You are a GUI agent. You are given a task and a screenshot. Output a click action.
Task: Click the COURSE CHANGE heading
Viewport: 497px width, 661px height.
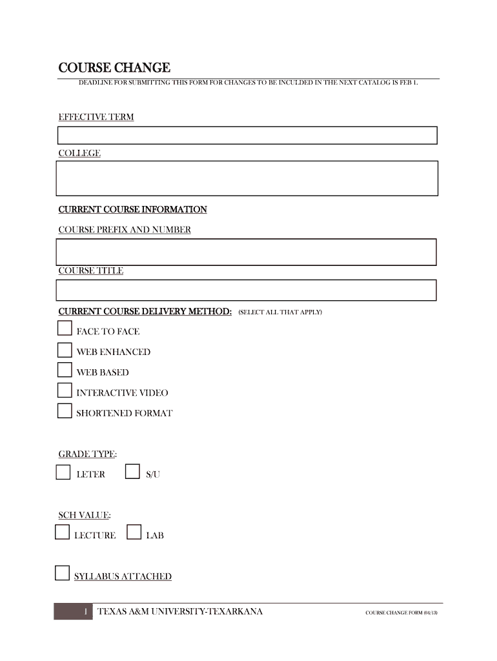click(x=114, y=68)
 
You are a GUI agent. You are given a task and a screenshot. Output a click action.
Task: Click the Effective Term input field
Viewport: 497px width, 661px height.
click(x=247, y=135)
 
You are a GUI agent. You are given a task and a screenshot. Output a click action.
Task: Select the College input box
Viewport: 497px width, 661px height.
click(x=247, y=178)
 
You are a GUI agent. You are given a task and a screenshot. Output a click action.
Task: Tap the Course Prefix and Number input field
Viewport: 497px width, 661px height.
click(x=247, y=252)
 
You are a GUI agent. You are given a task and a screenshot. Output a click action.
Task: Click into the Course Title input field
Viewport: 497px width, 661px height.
click(x=247, y=290)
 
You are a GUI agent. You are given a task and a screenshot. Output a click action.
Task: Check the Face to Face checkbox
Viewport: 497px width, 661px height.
click(x=65, y=329)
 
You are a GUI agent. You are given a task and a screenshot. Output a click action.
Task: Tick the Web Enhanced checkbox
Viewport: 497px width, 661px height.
click(x=65, y=350)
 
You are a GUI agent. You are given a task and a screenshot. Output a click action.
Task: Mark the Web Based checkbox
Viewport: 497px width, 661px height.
click(x=65, y=370)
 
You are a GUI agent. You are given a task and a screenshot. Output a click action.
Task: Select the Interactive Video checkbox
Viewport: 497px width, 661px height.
click(x=65, y=391)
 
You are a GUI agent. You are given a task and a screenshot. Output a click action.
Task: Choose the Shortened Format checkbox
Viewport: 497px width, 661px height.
click(x=65, y=411)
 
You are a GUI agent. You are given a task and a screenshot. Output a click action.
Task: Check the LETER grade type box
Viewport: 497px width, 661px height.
click(x=63, y=473)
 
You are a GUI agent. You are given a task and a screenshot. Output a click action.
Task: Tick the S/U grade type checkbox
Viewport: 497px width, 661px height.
click(x=132, y=472)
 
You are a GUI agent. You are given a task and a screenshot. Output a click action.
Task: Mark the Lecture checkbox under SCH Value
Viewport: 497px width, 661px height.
click(x=62, y=533)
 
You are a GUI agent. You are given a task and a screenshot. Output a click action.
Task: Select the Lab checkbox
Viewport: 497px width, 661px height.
click(x=134, y=533)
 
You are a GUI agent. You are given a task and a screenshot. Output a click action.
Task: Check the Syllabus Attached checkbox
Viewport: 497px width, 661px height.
click(x=62, y=573)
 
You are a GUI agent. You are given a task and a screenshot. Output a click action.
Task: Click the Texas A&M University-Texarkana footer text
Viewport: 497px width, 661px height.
click(x=180, y=611)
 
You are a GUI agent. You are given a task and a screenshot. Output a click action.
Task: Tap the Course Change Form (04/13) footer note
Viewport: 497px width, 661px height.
click(x=401, y=613)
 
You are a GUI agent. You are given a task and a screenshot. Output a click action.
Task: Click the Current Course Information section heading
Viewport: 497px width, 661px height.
click(x=132, y=210)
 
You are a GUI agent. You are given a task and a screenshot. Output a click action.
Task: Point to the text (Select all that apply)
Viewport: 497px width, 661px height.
click(x=279, y=312)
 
